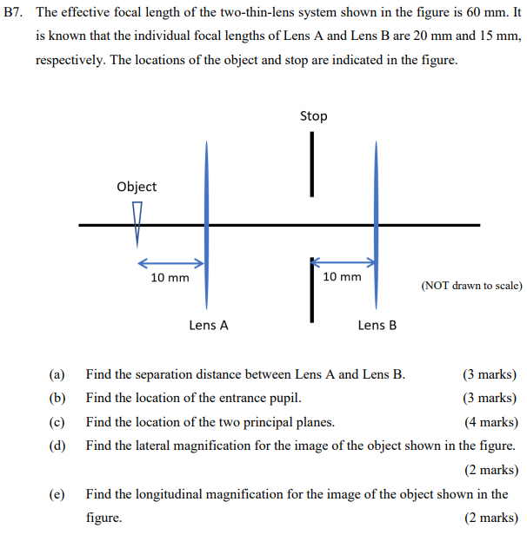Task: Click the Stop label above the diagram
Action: [x=313, y=116]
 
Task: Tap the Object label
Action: [x=137, y=187]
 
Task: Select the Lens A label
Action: [x=209, y=325]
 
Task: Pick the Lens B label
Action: [x=377, y=325]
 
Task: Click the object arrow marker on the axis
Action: [x=137, y=222]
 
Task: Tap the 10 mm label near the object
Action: [x=170, y=278]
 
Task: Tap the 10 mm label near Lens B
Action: [x=342, y=276]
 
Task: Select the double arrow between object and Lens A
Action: [x=170, y=262]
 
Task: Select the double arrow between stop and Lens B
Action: [x=344, y=261]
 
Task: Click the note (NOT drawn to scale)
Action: [x=471, y=285]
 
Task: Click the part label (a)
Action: [x=57, y=374]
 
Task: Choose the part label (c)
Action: [x=57, y=422]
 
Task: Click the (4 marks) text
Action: [x=490, y=422]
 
